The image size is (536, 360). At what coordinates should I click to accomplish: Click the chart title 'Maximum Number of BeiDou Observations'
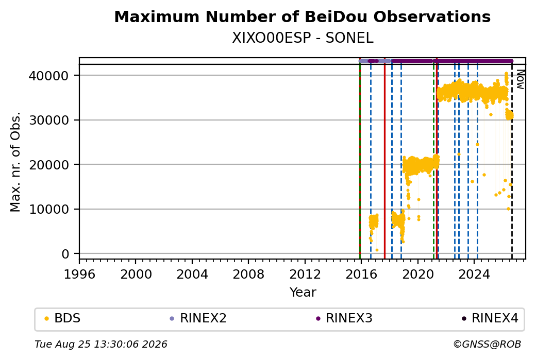302,16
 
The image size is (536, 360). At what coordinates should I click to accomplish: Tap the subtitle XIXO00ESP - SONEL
303,38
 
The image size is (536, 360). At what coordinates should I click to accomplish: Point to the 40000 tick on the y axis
48,76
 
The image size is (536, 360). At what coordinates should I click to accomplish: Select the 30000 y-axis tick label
48,120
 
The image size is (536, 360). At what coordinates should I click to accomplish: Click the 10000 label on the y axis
48,210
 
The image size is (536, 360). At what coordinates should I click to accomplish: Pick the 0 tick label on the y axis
65,254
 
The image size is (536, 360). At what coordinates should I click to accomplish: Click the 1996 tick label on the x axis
80,275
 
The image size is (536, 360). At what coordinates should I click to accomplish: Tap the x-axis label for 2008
248,275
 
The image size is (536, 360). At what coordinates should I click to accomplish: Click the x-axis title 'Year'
303,293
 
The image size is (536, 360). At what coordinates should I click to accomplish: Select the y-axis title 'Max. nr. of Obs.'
15,162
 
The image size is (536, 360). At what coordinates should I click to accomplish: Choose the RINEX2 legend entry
198,318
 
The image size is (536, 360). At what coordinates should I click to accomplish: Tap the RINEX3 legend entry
344,318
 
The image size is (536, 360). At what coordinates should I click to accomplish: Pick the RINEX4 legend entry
490,318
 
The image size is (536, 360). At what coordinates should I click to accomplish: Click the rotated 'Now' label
520,79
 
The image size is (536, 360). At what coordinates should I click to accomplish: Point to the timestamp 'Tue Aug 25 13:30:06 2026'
101,344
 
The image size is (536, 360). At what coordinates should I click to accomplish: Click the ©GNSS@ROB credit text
487,344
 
